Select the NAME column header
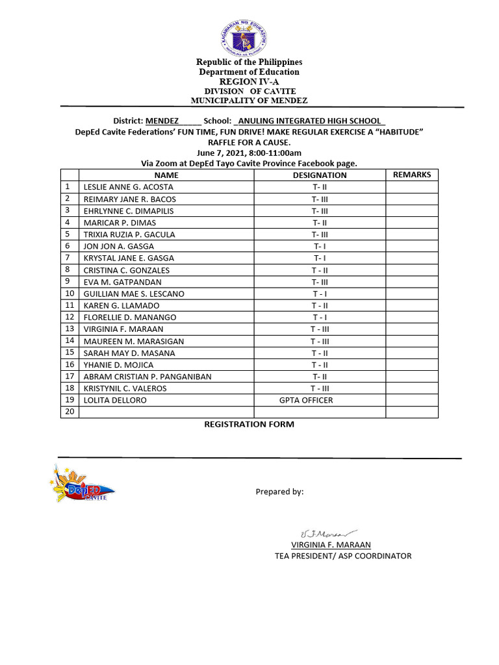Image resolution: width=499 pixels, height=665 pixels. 166,175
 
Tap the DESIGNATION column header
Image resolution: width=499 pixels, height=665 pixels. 320,175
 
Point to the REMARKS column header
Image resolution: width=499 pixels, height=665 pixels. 412,175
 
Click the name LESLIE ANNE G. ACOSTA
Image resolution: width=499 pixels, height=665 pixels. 128,187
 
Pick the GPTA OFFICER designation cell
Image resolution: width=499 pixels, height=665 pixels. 306,400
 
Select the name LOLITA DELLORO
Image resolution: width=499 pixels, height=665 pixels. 115,400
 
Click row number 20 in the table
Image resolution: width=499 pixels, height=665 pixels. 68,412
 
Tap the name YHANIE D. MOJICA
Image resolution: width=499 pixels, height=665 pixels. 118,365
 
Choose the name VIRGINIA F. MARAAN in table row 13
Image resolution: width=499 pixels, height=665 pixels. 123,329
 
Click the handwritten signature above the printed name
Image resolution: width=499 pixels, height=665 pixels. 326,532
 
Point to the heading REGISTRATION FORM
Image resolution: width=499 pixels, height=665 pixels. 249,424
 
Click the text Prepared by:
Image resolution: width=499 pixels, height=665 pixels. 279,492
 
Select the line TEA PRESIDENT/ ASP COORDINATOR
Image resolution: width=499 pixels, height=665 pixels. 343,556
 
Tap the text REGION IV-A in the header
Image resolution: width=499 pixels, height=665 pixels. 249,81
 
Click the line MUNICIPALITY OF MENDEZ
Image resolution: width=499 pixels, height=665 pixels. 249,101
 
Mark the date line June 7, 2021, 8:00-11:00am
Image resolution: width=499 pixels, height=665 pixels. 249,153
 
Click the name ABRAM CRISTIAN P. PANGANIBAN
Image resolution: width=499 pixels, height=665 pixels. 147,377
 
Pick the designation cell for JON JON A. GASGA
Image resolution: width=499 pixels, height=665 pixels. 320,246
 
